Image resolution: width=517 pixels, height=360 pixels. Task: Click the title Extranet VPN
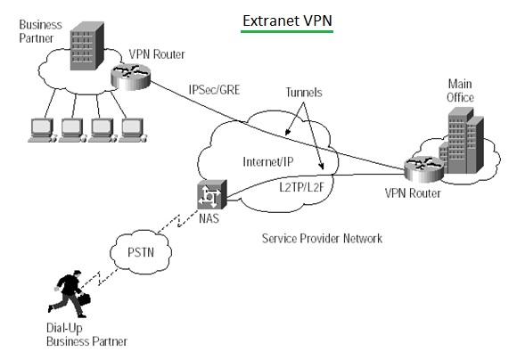point(287,20)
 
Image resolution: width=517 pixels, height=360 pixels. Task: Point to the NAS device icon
point(211,192)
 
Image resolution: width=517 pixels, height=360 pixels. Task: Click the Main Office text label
point(461,90)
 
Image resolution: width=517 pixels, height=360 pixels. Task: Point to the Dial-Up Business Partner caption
point(86,335)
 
